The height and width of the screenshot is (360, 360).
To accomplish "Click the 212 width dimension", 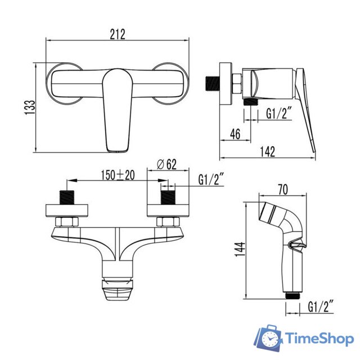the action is [118, 34].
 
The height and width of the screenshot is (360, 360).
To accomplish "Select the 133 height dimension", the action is [30, 107].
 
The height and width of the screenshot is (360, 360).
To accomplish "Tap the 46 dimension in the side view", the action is [235, 134].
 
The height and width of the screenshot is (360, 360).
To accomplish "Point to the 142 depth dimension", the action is [268, 151].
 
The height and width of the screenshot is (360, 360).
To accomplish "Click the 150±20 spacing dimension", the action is [118, 175].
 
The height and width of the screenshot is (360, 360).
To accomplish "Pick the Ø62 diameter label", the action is [166, 164].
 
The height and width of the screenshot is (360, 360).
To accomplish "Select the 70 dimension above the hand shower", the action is [282, 190].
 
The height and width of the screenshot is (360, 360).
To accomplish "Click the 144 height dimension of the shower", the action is [240, 249].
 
